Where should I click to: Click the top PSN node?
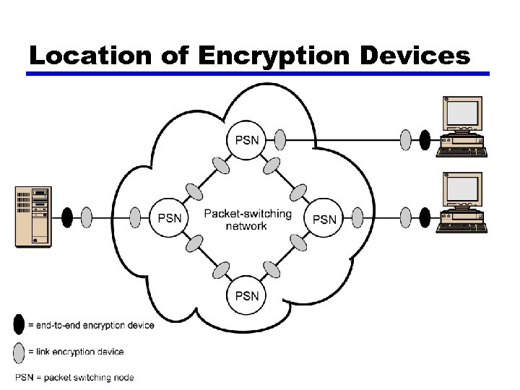(x=247, y=139)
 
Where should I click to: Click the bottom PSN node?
(x=247, y=295)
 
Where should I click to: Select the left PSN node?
(x=169, y=217)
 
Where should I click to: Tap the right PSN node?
(x=325, y=218)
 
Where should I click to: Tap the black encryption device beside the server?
(x=67, y=217)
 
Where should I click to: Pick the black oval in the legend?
(x=19, y=325)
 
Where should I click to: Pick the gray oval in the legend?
(x=19, y=352)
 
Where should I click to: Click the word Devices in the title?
(x=410, y=56)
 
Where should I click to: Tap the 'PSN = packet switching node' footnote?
(x=74, y=377)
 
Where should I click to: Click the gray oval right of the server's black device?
(x=87, y=217)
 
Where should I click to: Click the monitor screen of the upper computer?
(x=462, y=113)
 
